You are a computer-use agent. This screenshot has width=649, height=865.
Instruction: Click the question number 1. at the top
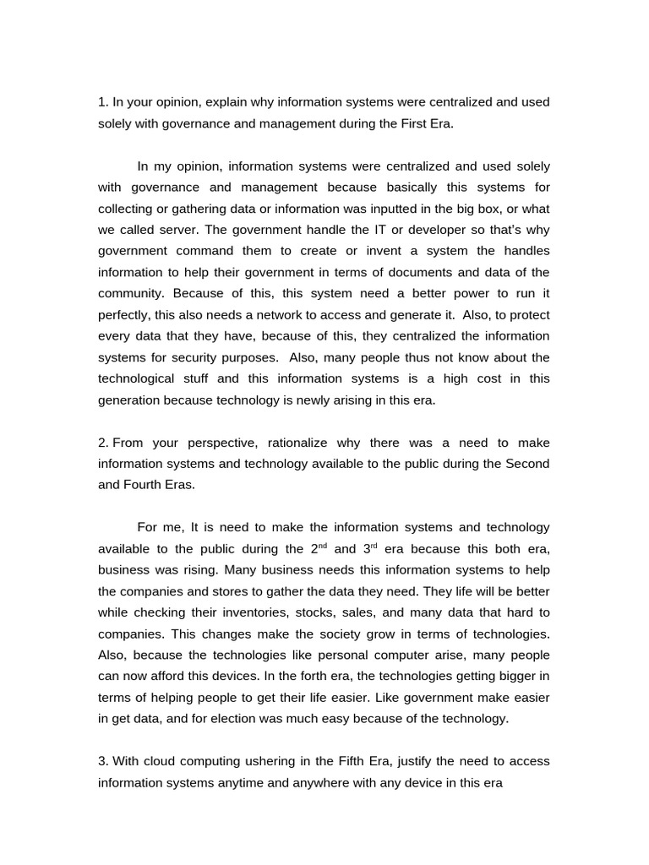click(103, 102)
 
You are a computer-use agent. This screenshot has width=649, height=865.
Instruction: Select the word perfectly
click(127, 315)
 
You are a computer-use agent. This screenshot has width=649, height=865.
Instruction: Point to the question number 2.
click(103, 443)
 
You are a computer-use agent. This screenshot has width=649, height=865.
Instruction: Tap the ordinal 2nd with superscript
click(319, 548)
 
